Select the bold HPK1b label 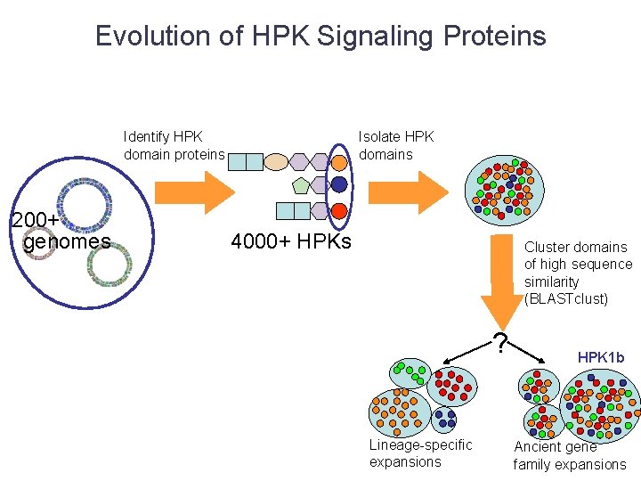[601, 357]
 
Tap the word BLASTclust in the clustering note [565, 298]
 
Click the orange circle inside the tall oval [338, 162]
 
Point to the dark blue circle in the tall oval [338, 185]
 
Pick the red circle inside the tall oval [338, 211]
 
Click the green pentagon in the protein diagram [301, 185]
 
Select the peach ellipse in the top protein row [277, 162]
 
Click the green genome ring [107, 265]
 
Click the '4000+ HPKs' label [290, 241]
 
